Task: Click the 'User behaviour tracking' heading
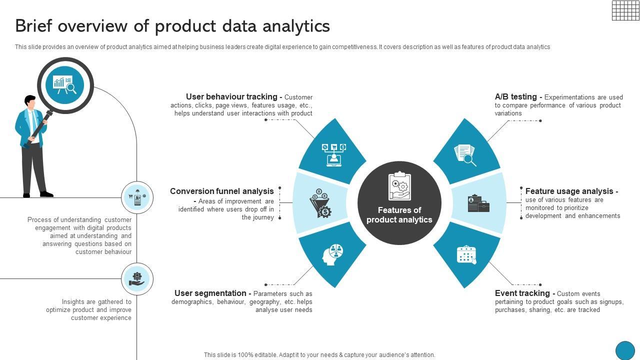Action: click(x=231, y=96)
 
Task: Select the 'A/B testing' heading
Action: click(x=516, y=96)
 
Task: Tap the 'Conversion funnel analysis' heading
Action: click(x=222, y=191)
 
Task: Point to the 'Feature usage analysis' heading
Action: click(x=569, y=191)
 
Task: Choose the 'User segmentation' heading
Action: click(x=210, y=293)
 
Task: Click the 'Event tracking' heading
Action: click(x=522, y=293)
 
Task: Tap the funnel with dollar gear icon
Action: click(x=320, y=203)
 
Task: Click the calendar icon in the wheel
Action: click(x=466, y=254)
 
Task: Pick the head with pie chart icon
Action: click(x=333, y=254)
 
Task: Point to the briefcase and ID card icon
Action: click(x=478, y=203)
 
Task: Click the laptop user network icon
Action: click(x=333, y=154)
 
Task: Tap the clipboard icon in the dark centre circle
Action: click(x=399, y=186)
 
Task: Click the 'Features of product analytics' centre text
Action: click(x=399, y=215)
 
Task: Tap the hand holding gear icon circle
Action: click(x=137, y=278)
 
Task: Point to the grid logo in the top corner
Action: click(x=625, y=10)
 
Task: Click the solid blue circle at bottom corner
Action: click(x=624, y=350)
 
